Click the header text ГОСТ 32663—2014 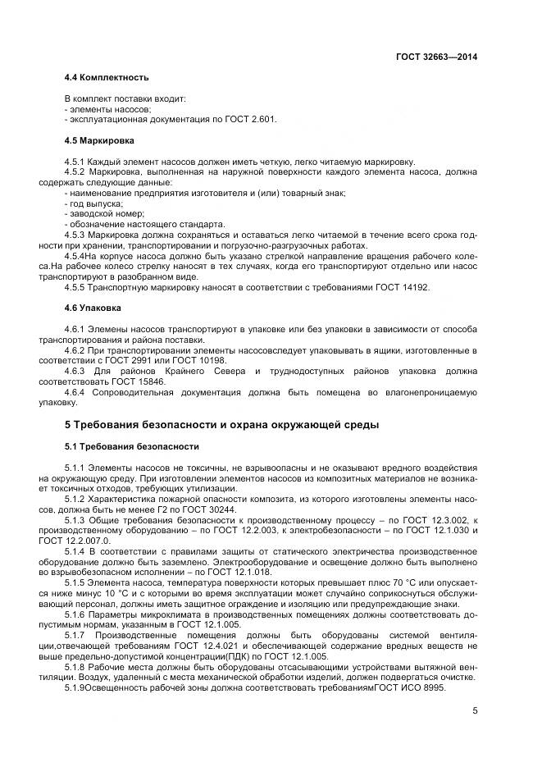coord(437,57)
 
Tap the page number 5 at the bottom coord(475,710)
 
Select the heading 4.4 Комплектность coord(106,77)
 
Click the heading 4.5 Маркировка coord(99,140)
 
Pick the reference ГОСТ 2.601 coord(250,120)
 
